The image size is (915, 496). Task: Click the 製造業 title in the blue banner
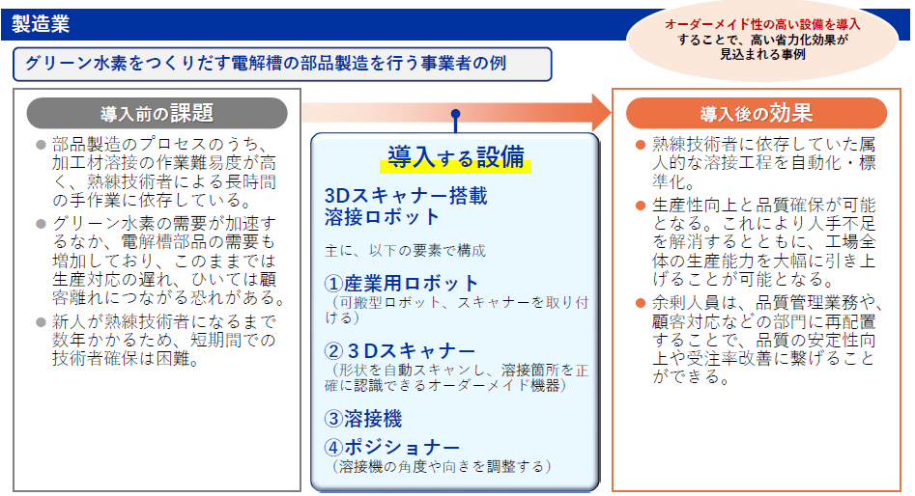click(x=41, y=24)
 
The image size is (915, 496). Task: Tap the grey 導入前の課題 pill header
click(x=157, y=113)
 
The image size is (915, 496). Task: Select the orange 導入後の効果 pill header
click(x=757, y=113)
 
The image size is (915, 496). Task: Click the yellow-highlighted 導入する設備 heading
click(x=456, y=158)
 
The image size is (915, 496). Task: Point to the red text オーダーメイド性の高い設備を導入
click(x=762, y=24)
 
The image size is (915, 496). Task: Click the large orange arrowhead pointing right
click(x=602, y=113)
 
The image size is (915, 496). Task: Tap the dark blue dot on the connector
click(x=456, y=114)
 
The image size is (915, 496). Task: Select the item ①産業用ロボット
click(x=402, y=284)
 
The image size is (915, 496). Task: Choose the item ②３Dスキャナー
click(x=400, y=351)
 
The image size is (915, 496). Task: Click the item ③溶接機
click(x=363, y=419)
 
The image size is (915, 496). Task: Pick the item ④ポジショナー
click(x=392, y=447)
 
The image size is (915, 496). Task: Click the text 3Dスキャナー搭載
click(x=406, y=196)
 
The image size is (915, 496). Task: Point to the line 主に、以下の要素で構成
click(x=405, y=251)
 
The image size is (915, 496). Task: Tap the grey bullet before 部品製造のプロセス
click(x=41, y=145)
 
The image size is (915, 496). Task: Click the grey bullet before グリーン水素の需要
click(x=41, y=224)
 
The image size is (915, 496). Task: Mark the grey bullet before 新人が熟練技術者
click(x=41, y=321)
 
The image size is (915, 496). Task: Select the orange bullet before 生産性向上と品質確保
click(x=641, y=206)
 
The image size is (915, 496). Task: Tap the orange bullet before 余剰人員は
click(x=641, y=303)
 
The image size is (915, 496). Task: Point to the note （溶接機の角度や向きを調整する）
click(x=442, y=466)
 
